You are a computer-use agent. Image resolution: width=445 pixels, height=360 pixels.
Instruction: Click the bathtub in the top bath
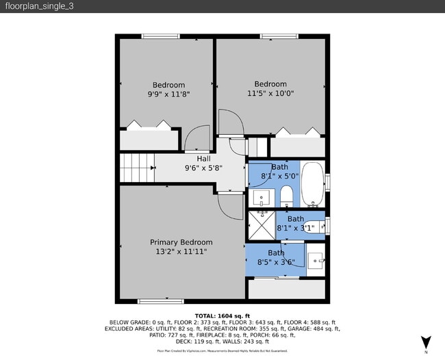[313, 185]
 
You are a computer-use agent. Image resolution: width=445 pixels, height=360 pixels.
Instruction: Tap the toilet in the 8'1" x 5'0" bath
[287, 196]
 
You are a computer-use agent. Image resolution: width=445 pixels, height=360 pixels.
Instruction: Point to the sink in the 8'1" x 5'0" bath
[261, 198]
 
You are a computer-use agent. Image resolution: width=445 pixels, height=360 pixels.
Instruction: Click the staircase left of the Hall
[137, 168]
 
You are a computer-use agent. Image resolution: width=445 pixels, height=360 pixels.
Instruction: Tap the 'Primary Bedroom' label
[181, 242]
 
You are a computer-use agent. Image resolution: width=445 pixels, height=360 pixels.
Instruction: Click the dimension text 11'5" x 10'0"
[270, 94]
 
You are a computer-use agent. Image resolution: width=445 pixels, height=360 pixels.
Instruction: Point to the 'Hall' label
[203, 159]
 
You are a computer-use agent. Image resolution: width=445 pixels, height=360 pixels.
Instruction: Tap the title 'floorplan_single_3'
[34, 6]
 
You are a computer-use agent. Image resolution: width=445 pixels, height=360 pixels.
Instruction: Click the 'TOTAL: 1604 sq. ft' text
[222, 315]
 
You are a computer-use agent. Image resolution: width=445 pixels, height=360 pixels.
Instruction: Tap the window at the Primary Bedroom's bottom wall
[160, 301]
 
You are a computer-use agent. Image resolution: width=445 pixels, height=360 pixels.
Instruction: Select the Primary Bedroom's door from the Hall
[229, 205]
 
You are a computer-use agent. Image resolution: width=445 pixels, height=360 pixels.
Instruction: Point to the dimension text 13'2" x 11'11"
[181, 252]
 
